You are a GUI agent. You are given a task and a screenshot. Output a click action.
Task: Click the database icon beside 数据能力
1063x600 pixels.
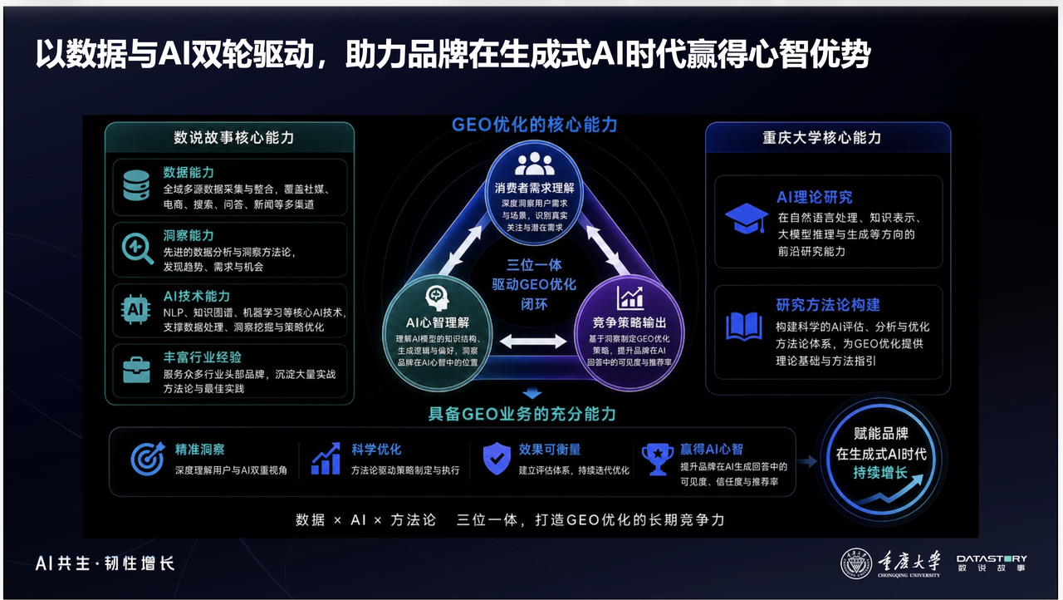[x=136, y=185]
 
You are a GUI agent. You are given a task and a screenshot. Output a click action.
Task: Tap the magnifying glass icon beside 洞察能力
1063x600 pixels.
[x=137, y=248]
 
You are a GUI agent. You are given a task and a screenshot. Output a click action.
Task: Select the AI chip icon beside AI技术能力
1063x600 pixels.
[x=135, y=309]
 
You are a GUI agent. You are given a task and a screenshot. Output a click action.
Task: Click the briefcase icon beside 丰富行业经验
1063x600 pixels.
[x=136, y=370]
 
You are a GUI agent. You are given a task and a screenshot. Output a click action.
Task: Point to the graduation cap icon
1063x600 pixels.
[x=747, y=219]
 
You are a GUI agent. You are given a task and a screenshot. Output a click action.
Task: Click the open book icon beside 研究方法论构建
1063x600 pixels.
[x=744, y=326]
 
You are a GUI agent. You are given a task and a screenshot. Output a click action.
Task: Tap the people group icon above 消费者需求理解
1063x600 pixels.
[x=534, y=164]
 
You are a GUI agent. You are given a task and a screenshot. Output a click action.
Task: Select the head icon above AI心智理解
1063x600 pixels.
[x=437, y=298]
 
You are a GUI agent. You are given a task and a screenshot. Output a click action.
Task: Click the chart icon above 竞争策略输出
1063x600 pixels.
[x=629, y=298]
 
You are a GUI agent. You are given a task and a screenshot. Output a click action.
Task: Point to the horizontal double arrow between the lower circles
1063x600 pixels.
[x=533, y=341]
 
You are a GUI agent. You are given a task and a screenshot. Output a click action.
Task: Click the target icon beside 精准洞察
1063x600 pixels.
[x=148, y=459]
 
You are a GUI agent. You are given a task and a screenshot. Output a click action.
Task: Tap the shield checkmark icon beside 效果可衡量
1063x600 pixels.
[x=497, y=458]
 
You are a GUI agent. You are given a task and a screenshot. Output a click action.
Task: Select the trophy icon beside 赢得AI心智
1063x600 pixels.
[x=657, y=459]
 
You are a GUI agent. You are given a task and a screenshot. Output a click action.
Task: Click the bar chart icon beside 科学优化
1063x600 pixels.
[x=326, y=459]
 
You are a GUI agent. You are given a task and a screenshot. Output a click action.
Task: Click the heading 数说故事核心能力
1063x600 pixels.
[x=233, y=138]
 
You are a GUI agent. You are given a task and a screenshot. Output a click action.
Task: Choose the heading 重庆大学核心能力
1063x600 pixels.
[x=822, y=138]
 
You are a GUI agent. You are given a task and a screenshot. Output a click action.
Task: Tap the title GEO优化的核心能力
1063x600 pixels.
[x=534, y=125]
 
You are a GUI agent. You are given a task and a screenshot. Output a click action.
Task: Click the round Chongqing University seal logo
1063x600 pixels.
[x=855, y=563]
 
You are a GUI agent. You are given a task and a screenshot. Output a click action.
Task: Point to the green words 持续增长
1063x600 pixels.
[x=880, y=473]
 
